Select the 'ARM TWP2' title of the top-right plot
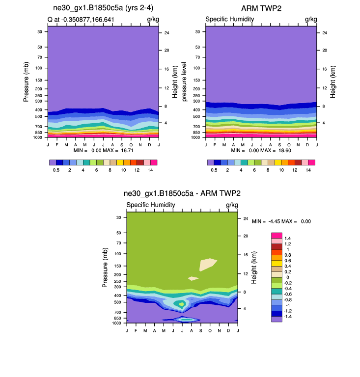[x=261, y=9]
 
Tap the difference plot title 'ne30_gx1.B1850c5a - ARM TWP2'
[x=182, y=194]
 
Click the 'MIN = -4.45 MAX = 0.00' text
[x=281, y=221]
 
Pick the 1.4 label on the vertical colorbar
[x=288, y=238]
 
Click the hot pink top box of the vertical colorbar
[x=277, y=235]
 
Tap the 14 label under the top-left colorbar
[x=150, y=169]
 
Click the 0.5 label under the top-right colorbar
[x=214, y=169]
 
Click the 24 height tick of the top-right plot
[x=318, y=33]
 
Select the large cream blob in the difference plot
[x=207, y=264]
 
